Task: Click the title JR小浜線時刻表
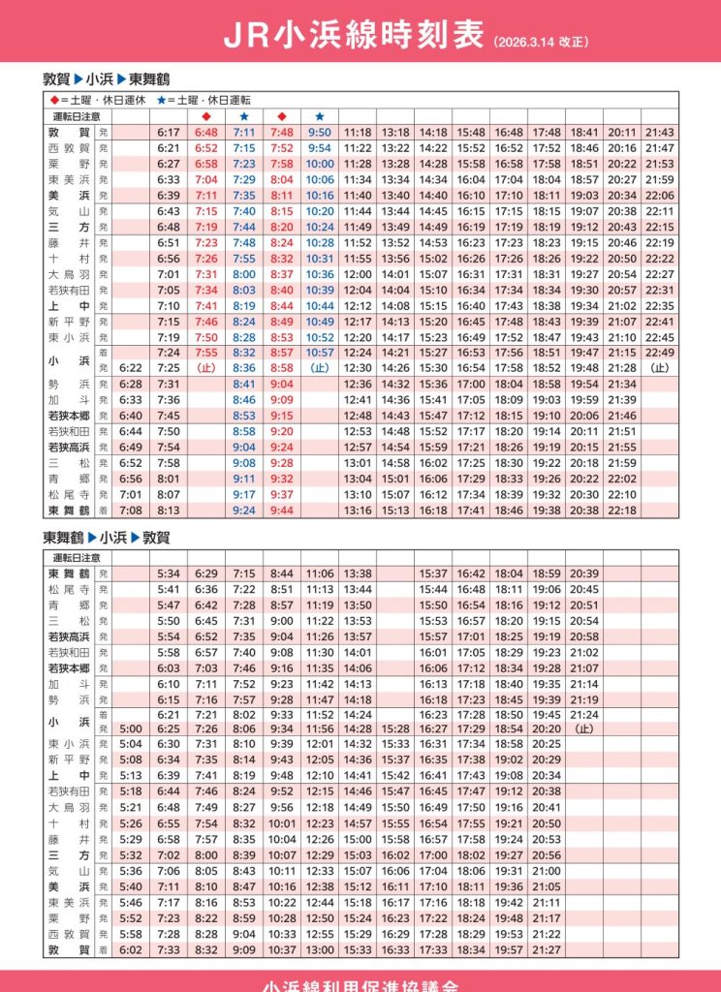[354, 36]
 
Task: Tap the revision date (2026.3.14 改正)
[541, 43]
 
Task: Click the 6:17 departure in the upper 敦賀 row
[169, 132]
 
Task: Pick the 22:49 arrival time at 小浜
[660, 352]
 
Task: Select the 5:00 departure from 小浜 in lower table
[130, 728]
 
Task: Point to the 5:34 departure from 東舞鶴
[169, 573]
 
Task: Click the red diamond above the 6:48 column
[205, 116]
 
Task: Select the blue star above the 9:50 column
[320, 116]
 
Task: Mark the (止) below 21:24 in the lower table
[584, 728]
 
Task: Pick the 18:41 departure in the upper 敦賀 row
[584, 132]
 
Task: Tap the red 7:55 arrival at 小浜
[205, 352]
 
